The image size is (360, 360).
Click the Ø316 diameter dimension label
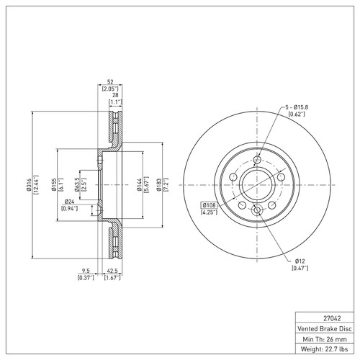(x=29, y=185)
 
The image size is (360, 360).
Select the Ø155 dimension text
(x=54, y=184)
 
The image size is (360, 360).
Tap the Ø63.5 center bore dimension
(x=77, y=184)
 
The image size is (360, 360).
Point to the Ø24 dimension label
(x=69, y=202)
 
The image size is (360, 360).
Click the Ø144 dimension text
(x=139, y=185)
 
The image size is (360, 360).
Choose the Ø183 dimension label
(x=158, y=185)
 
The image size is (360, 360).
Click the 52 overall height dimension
(x=110, y=82)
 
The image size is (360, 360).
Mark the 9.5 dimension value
(x=86, y=271)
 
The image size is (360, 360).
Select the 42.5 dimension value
(x=112, y=271)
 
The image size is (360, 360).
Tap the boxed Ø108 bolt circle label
(x=209, y=205)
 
